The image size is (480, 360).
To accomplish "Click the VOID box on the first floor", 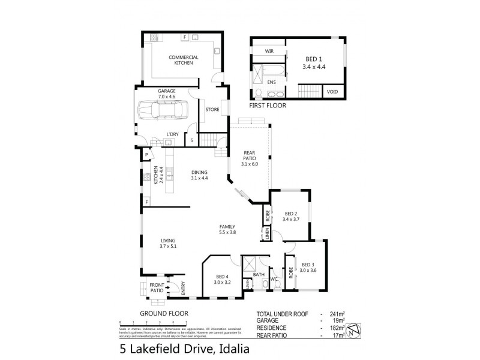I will pyautogui.click(x=331, y=92).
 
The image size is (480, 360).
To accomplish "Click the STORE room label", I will pyautogui.click(x=212, y=110).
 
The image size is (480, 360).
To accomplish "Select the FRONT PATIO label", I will pyautogui.click(x=156, y=287).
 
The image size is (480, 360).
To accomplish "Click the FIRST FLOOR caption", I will pyautogui.click(x=268, y=106).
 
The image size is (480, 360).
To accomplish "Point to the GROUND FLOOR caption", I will pyautogui.click(x=164, y=313).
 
